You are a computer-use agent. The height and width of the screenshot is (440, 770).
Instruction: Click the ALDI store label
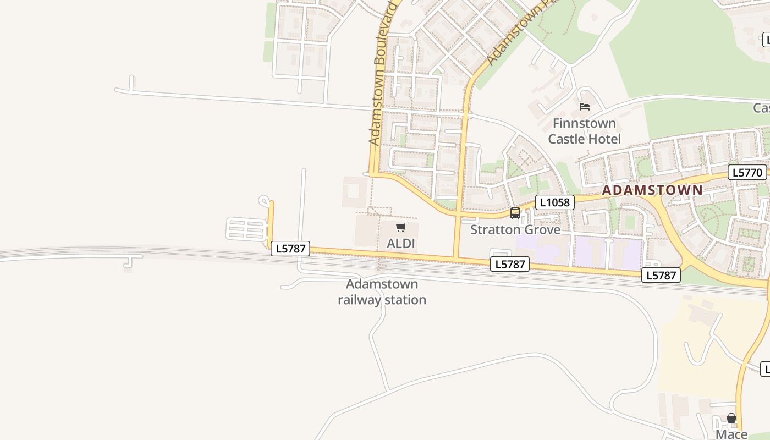point(400,243)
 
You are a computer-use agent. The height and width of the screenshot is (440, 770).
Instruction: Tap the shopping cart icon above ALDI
point(400,227)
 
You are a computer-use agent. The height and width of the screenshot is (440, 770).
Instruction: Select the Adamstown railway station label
point(382,292)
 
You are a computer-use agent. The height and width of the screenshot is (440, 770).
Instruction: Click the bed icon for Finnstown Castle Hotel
point(585,106)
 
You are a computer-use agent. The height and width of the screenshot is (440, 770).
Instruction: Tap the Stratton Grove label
point(515,229)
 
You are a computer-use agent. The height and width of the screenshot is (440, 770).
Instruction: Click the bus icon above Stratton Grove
point(515,213)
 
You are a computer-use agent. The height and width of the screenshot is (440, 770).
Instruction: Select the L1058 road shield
point(554,202)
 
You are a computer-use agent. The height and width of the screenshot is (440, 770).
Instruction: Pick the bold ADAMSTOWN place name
point(652,190)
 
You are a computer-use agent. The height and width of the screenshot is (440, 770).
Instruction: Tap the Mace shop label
point(732,435)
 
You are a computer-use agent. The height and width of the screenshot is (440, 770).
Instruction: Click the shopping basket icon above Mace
point(732,419)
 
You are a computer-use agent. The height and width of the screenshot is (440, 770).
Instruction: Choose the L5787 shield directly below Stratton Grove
point(510,265)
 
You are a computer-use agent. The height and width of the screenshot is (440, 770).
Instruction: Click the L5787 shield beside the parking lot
point(290,249)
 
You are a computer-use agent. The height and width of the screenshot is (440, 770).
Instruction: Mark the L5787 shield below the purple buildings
point(661,275)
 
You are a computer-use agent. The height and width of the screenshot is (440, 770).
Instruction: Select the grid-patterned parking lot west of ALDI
point(246,229)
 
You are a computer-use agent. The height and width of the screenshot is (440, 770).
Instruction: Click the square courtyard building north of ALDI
point(354,192)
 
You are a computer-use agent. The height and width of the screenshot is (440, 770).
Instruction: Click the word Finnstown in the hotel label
point(584,123)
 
